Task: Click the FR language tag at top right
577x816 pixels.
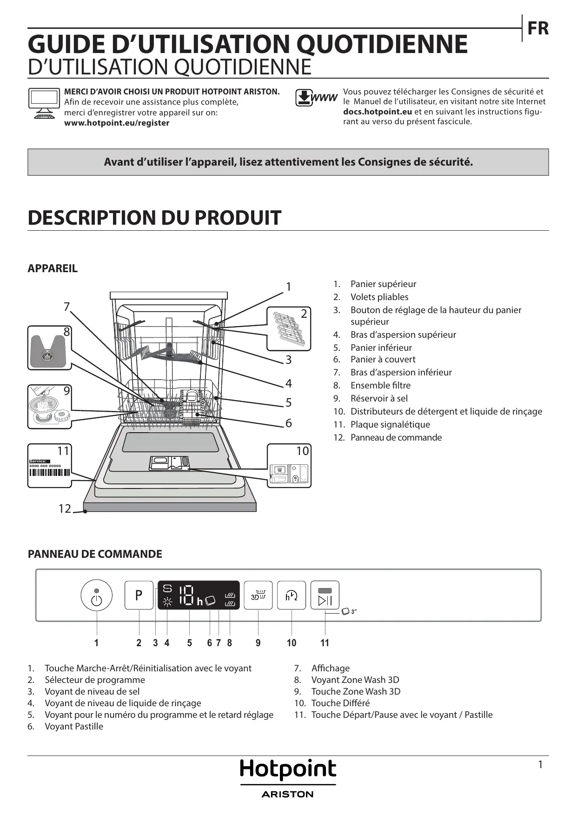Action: click(x=538, y=29)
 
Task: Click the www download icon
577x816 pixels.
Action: click(x=316, y=98)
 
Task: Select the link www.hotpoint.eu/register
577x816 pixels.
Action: click(x=117, y=123)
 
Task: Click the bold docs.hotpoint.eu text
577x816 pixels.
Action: click(x=378, y=112)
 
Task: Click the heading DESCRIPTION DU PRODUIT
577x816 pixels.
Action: click(x=154, y=218)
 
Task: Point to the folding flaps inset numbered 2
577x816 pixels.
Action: click(x=289, y=328)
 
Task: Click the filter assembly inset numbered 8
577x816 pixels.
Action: click(x=49, y=348)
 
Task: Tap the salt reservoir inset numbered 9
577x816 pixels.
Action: click(x=49, y=407)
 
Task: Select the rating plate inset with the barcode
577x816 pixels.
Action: click(x=49, y=466)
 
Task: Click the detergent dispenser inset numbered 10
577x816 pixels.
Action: click(x=289, y=466)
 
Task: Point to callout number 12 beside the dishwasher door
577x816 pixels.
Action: click(x=65, y=509)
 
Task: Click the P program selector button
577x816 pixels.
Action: click(x=139, y=595)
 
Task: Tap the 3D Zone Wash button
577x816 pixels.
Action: click(x=258, y=595)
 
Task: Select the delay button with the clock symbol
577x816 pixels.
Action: click(x=292, y=595)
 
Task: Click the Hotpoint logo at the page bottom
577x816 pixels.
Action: click(x=288, y=770)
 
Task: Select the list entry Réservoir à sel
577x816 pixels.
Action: click(x=379, y=398)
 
